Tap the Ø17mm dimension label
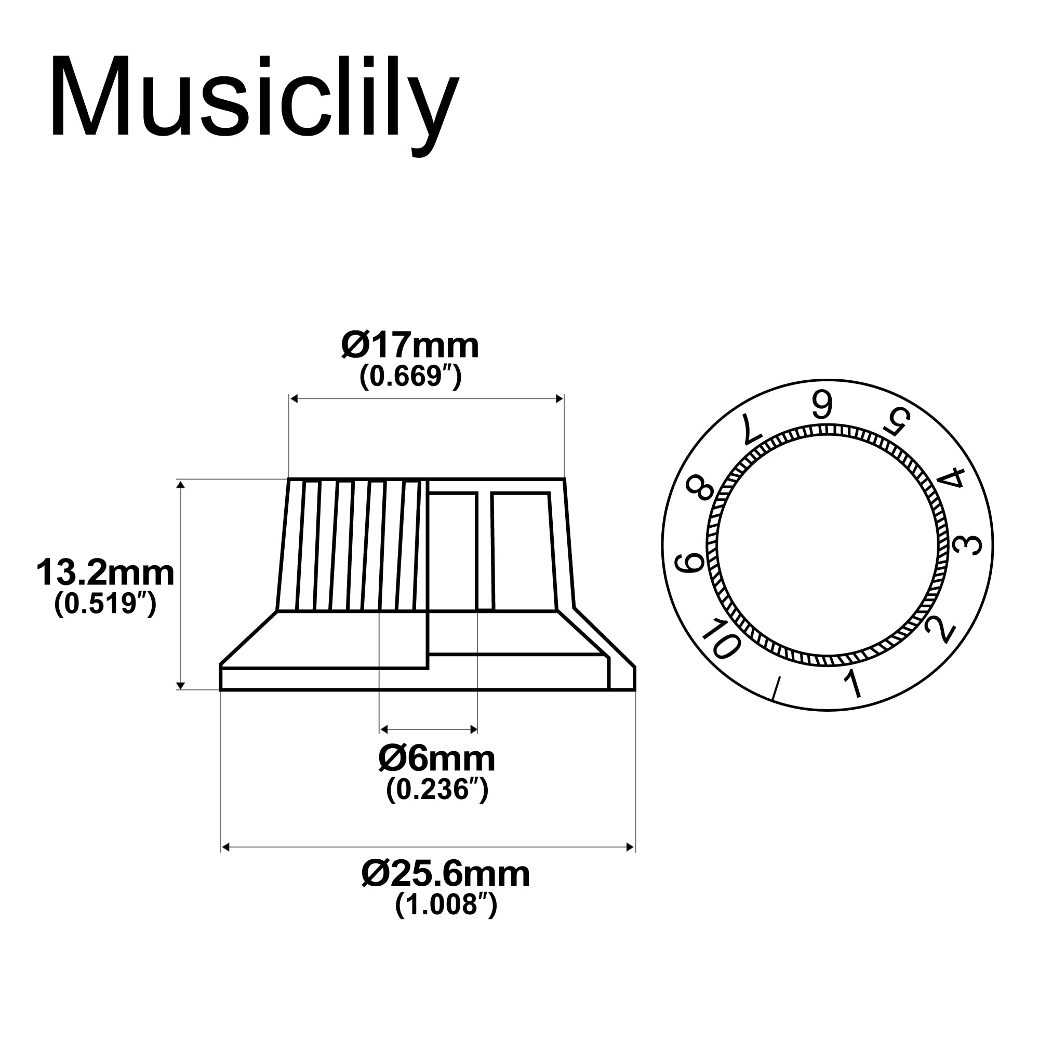point(410,346)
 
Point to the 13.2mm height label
point(105,574)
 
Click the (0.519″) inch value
point(105,603)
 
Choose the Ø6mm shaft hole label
point(437,759)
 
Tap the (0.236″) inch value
point(437,789)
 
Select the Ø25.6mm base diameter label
point(446,874)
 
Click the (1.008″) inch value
point(446,904)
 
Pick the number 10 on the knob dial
point(721,639)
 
